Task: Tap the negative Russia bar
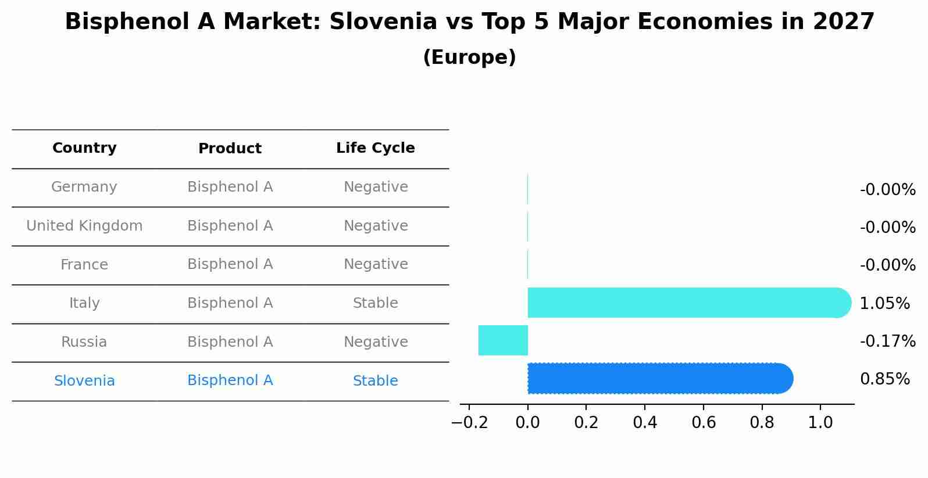point(503,340)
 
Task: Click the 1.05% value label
point(884,303)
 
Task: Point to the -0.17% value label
point(887,341)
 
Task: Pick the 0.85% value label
point(884,379)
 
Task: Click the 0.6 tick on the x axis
point(704,423)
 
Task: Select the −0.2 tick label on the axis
point(469,423)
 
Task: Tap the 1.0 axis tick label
point(820,423)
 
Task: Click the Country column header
point(84,148)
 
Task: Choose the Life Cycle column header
point(376,148)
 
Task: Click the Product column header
point(230,149)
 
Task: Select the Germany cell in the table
point(84,187)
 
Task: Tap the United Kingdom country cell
point(84,226)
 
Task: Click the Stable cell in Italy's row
point(376,303)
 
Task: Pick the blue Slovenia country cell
point(84,381)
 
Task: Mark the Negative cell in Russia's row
point(376,342)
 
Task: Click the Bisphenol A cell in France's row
point(230,264)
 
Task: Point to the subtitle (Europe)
point(469,57)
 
